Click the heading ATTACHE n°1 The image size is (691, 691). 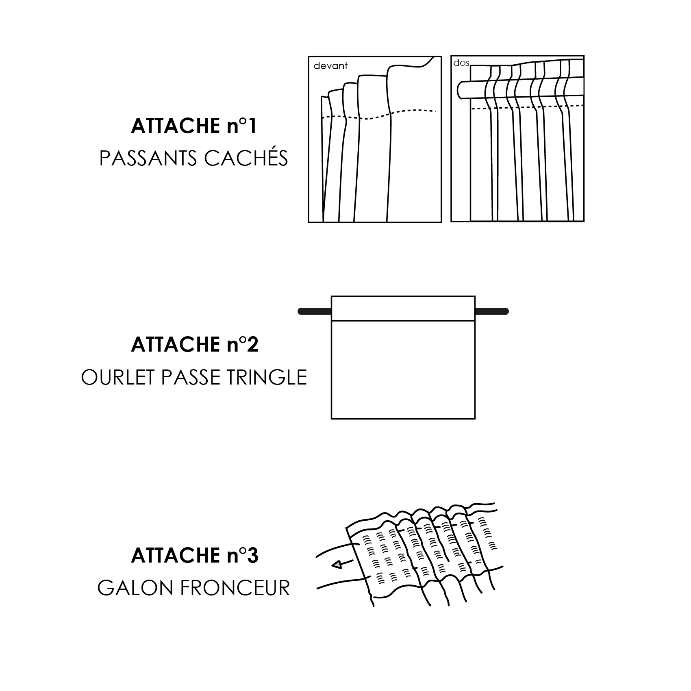[194, 126]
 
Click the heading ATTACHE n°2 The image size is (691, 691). [194, 345]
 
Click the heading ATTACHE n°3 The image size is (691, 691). [194, 556]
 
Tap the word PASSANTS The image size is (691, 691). [149, 159]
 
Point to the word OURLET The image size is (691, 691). [118, 378]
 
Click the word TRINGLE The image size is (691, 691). [266, 378]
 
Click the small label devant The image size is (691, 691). [330, 66]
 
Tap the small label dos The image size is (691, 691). [461, 63]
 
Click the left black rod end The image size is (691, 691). [314, 311]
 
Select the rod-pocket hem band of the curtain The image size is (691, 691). [403, 309]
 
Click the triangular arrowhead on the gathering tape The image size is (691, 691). [336, 565]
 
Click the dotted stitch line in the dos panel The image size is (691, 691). [528, 107]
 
